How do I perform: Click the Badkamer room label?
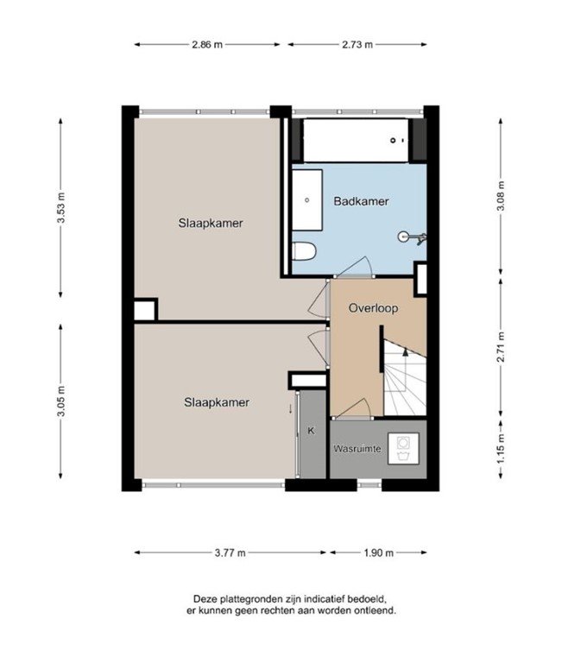(361, 201)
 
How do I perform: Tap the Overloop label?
(373, 308)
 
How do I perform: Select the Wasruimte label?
(357, 449)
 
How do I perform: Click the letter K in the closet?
(312, 431)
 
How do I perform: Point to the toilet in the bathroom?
(304, 251)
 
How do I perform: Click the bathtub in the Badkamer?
(356, 141)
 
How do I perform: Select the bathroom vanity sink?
(307, 200)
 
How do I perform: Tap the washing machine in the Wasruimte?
(403, 449)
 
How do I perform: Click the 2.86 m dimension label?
(207, 44)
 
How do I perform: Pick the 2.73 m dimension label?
(357, 44)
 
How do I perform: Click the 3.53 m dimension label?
(61, 207)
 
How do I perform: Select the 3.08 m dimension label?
(501, 196)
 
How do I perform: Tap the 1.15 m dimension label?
(501, 449)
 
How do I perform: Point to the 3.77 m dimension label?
(230, 552)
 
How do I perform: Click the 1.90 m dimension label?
(378, 552)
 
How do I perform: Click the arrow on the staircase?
(406, 351)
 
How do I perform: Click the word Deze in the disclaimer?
(204, 599)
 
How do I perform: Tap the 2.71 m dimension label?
(501, 347)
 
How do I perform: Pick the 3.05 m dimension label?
(61, 401)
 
